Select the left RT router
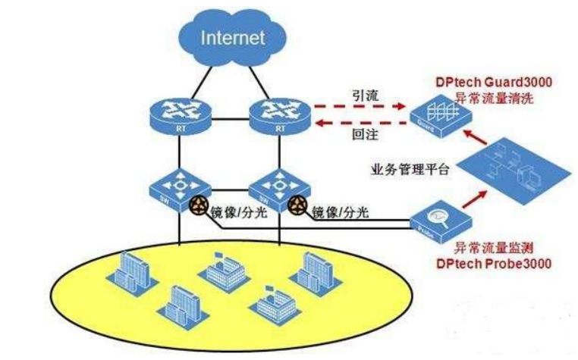click(x=179, y=110)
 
